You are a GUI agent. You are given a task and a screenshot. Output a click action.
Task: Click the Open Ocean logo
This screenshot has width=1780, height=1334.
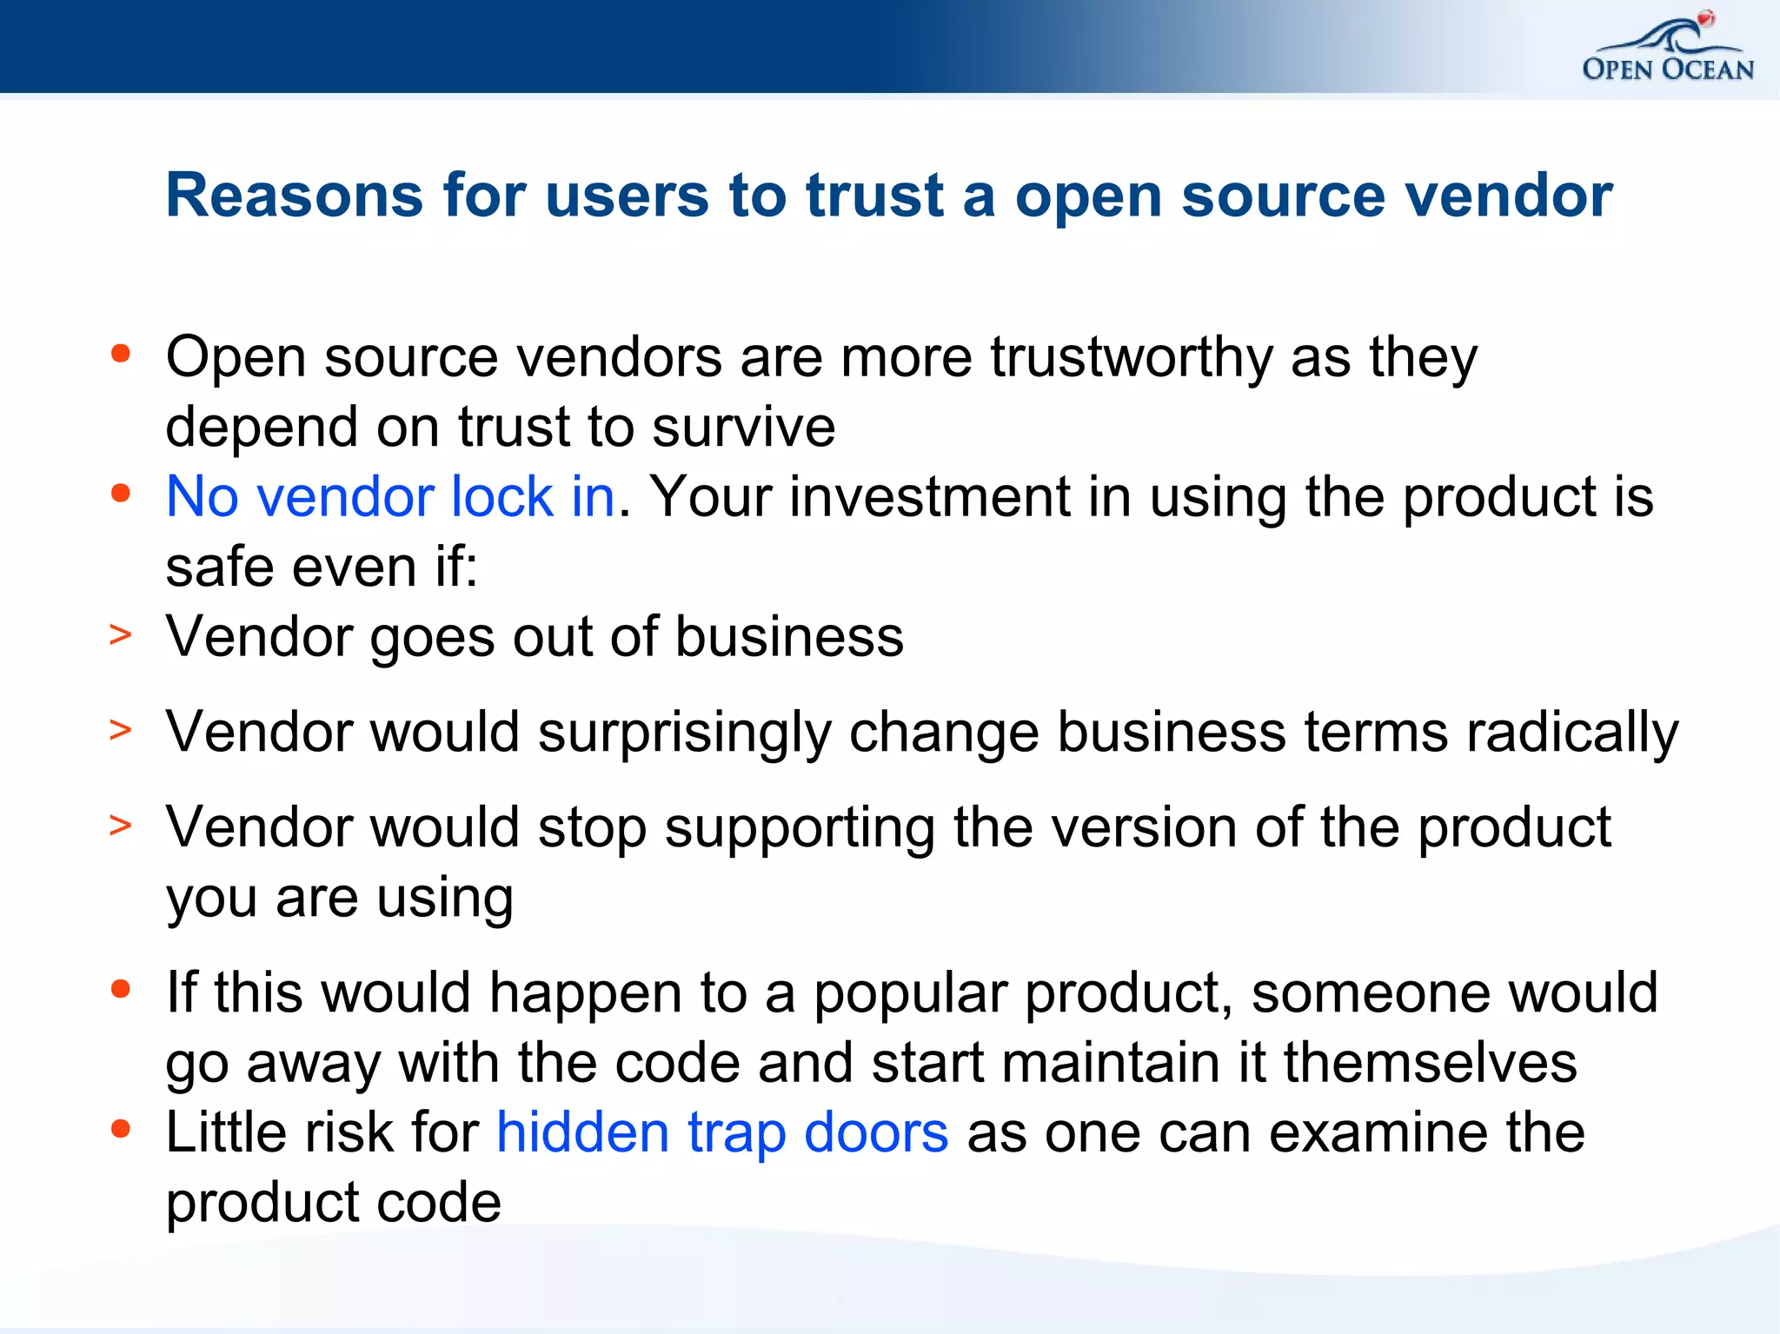[1667, 50]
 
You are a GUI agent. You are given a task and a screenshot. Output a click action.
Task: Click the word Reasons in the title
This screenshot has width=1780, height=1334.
[294, 195]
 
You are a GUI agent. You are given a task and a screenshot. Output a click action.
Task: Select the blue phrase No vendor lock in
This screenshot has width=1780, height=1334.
[390, 497]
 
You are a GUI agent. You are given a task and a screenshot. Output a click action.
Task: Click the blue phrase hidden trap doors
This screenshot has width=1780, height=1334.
[721, 1133]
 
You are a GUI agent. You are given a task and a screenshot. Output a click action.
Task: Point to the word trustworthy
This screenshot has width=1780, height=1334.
[1131, 357]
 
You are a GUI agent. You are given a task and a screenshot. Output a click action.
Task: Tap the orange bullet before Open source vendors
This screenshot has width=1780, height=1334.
[121, 354]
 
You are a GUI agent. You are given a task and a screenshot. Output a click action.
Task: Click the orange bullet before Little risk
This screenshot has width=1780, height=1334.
[121, 1129]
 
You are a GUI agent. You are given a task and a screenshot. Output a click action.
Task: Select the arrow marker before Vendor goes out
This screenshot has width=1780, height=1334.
[121, 635]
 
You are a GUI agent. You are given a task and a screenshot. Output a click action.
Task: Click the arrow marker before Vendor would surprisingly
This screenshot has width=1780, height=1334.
[121, 730]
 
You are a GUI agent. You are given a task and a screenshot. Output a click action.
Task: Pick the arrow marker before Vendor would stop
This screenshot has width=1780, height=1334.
[121, 825]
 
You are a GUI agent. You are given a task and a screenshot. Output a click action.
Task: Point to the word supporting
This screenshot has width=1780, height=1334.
[800, 828]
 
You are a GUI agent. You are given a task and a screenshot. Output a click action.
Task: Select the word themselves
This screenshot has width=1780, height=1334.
[1430, 1063]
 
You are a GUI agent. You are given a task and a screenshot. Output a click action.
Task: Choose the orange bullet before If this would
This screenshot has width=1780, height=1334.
[121, 989]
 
